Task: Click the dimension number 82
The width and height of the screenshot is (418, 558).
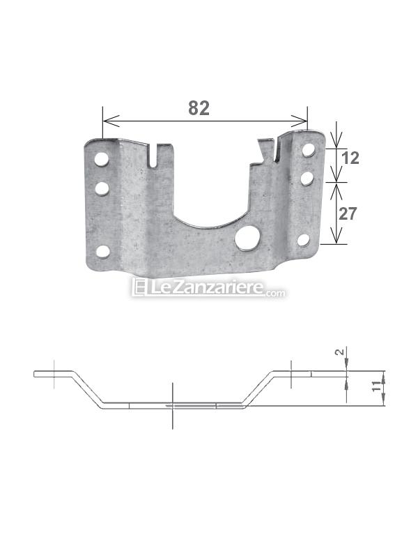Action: [x=199, y=108]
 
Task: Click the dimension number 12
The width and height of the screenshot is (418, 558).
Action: [x=350, y=158]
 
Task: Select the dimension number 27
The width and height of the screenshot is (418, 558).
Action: [x=347, y=214]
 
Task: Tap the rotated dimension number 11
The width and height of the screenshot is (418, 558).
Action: [x=378, y=386]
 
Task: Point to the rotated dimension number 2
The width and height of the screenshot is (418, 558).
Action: [x=340, y=352]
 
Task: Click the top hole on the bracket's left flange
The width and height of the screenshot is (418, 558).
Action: [x=101, y=159]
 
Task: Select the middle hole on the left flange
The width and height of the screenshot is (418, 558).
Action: [x=102, y=188]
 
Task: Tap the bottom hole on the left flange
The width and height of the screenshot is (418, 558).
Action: [x=102, y=252]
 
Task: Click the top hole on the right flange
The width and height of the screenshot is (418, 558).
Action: [x=308, y=150]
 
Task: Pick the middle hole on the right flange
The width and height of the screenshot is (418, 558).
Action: [x=307, y=179]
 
